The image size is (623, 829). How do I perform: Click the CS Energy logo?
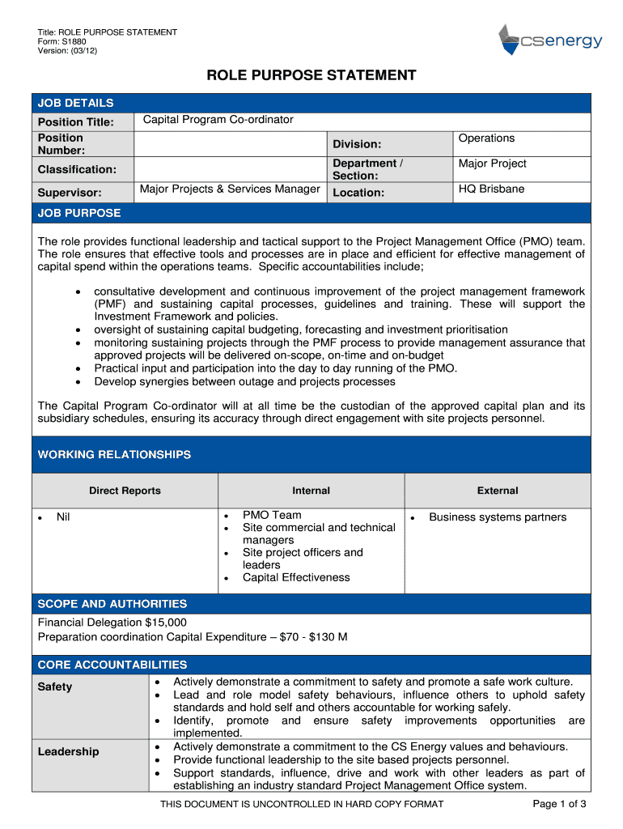[549, 40]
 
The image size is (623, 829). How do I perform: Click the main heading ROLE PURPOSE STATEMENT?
[311, 76]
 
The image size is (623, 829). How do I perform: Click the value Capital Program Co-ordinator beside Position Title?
[218, 120]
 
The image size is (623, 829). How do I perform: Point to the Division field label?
[357, 144]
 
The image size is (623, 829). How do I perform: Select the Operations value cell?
[486, 138]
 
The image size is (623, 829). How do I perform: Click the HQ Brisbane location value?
[491, 189]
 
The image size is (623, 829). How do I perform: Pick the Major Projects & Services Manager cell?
[230, 189]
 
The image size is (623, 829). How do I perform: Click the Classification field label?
[77, 169]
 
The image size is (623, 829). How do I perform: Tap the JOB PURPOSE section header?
[79, 213]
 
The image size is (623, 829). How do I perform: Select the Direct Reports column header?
[125, 491]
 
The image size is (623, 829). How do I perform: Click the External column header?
[497, 491]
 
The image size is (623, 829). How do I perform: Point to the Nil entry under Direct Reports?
[63, 517]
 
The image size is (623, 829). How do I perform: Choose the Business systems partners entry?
[498, 517]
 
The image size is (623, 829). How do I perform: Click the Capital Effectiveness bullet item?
[296, 577]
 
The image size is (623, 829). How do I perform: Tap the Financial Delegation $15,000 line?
[112, 623]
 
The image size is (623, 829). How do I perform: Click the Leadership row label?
[69, 751]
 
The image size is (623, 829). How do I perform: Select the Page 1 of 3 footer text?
[559, 804]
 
